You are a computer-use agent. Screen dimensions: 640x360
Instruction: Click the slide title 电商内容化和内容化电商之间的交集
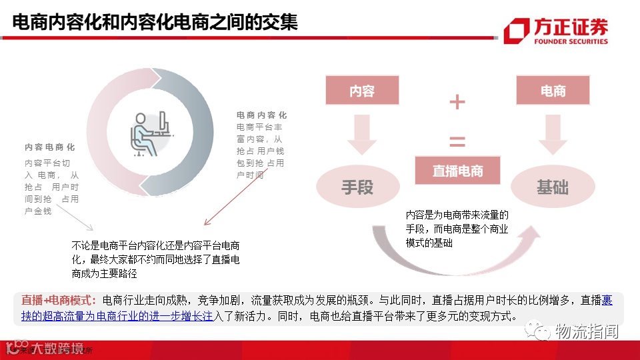click(155, 23)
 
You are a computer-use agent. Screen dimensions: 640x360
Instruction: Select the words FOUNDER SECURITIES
click(571, 41)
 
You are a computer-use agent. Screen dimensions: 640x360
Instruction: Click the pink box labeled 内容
click(362, 91)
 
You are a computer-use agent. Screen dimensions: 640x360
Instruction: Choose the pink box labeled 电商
click(553, 91)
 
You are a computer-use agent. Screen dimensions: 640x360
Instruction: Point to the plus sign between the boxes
click(457, 102)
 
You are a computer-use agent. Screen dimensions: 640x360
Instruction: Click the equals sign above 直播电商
click(457, 141)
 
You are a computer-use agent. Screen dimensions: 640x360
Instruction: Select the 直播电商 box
click(457, 171)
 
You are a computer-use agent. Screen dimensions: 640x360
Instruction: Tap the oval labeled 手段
click(357, 187)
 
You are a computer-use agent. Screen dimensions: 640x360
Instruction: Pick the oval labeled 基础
click(553, 187)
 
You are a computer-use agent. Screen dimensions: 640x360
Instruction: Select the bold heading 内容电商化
click(50, 147)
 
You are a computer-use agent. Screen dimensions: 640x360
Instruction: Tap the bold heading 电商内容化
click(262, 115)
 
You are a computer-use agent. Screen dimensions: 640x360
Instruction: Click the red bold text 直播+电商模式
click(59, 300)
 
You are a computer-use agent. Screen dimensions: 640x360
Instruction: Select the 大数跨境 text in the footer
click(53, 348)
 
